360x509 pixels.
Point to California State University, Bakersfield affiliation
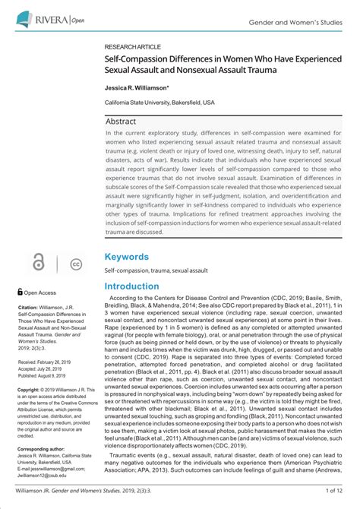159,101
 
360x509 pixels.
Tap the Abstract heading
121,121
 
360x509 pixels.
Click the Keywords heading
126,257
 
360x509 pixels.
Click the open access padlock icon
37,264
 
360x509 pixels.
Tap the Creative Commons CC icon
75,264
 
